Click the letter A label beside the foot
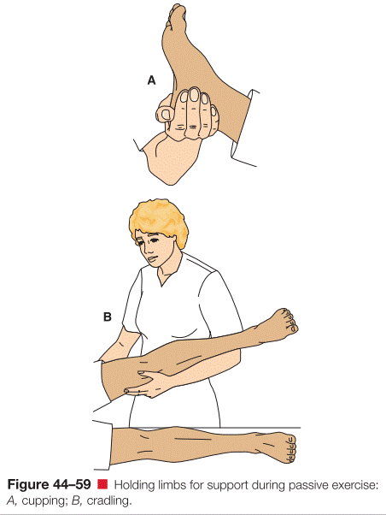pyautogui.click(x=151, y=80)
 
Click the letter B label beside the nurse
pyautogui.click(x=108, y=317)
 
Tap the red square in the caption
pyautogui.click(x=102, y=484)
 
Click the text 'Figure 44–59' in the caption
pyautogui.click(x=49, y=484)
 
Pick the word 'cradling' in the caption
pyautogui.click(x=108, y=501)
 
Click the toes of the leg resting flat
pyautogui.click(x=290, y=448)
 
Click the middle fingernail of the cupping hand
pyautogui.click(x=194, y=95)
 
